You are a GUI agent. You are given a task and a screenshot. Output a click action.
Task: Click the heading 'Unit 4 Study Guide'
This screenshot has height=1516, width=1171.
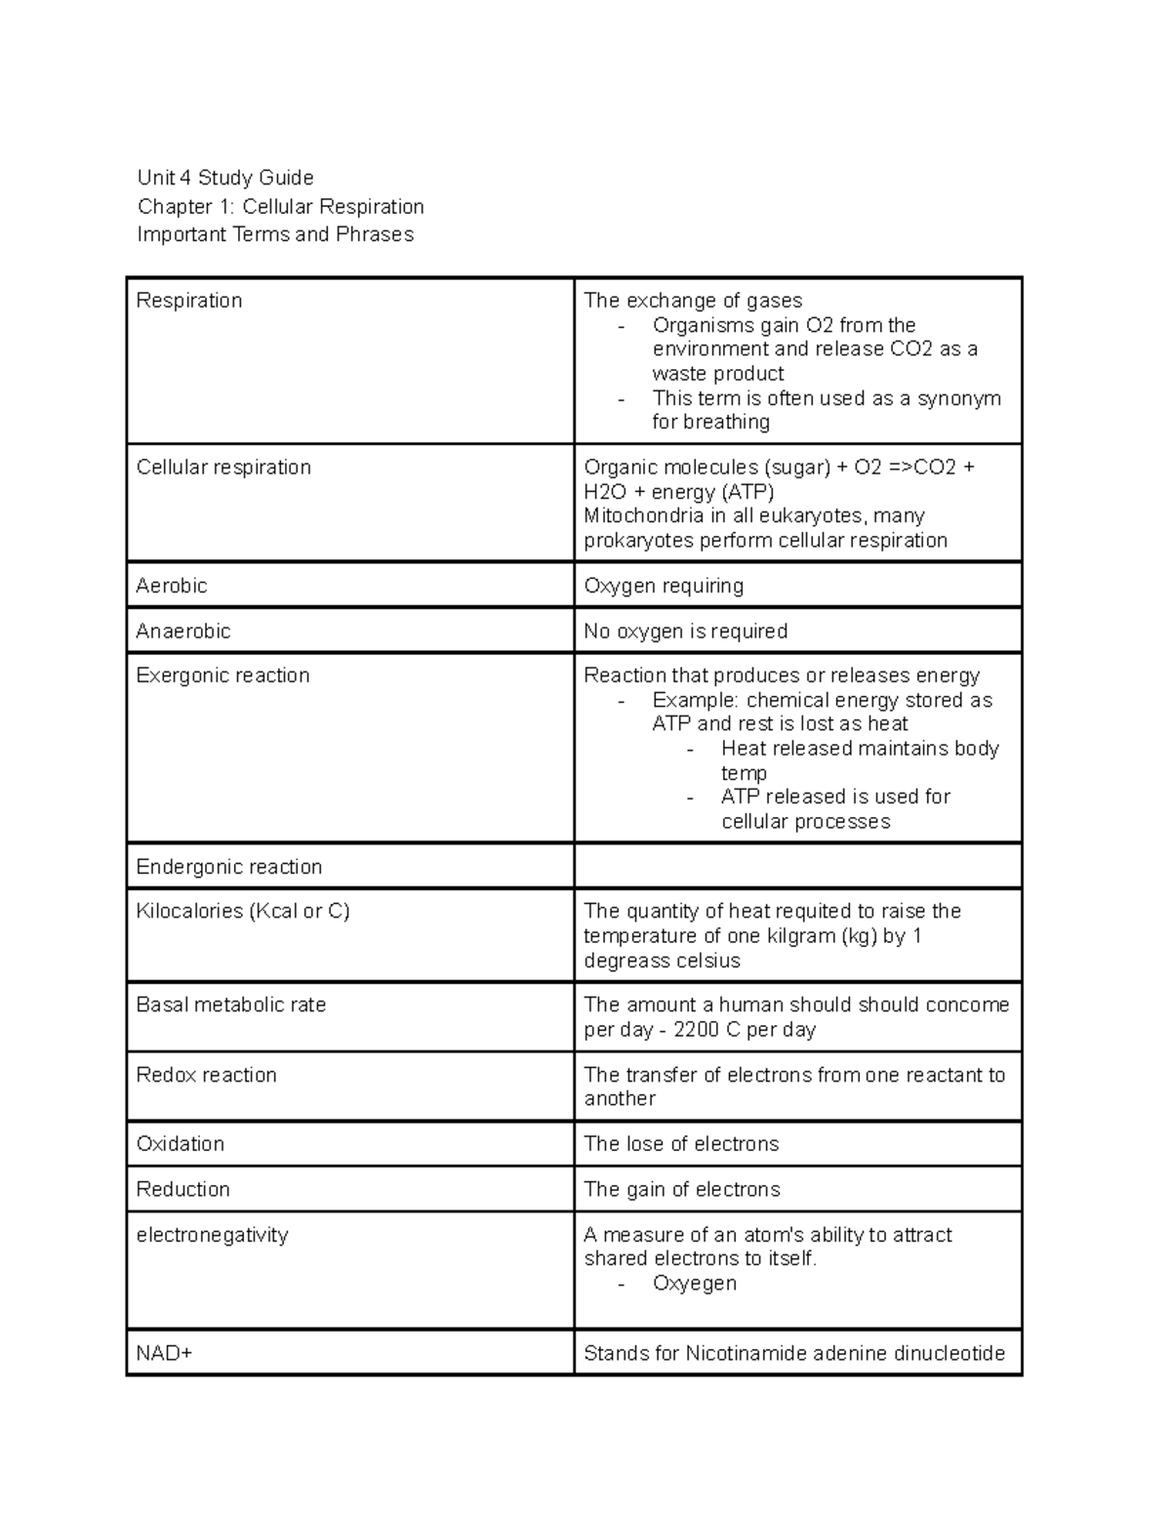(225, 178)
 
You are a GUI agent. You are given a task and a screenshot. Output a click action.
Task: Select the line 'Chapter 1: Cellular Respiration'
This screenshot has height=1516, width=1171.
(281, 206)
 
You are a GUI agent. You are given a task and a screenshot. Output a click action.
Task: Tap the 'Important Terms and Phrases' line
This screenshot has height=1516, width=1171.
(275, 234)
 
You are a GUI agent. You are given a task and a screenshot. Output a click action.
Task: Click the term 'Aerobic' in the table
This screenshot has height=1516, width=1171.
(172, 586)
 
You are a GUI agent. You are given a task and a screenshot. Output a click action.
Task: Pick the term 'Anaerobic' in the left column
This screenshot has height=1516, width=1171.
(183, 632)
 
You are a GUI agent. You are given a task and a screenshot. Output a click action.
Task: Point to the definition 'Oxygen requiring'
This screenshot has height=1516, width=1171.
(664, 586)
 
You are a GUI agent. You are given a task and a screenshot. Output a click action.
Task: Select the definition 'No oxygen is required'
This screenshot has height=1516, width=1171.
(685, 632)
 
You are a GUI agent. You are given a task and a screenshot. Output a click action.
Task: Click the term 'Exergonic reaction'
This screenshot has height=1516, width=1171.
(223, 676)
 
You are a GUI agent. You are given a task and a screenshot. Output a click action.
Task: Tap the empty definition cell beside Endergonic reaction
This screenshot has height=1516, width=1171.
(797, 866)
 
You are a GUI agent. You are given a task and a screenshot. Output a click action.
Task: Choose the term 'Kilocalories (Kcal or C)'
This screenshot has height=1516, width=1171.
(243, 911)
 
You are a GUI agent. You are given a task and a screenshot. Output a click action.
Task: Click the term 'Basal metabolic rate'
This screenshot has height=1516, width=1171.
(231, 1004)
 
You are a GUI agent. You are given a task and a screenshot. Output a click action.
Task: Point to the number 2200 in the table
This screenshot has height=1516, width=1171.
(696, 1030)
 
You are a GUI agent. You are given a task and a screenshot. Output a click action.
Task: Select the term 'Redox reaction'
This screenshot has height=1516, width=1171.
(207, 1075)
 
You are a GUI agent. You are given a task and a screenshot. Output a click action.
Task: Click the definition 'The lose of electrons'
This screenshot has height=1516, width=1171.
(681, 1144)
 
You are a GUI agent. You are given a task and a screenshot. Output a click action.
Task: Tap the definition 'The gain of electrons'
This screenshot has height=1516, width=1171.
(682, 1189)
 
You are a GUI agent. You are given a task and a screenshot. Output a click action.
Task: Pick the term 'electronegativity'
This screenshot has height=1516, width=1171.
(213, 1235)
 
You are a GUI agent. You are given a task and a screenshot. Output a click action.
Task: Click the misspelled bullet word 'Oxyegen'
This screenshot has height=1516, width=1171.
(695, 1283)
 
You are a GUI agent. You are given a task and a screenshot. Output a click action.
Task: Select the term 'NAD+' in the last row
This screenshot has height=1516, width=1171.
(165, 1354)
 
